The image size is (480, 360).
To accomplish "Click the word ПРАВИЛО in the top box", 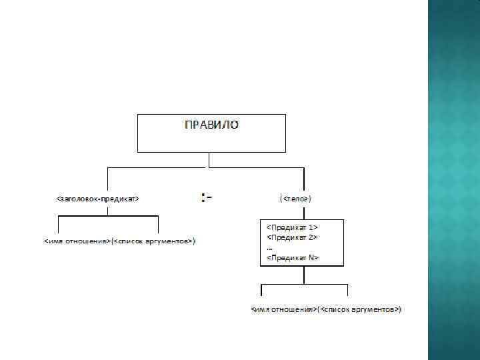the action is [x=211, y=125].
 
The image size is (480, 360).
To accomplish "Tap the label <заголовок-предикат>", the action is [x=98, y=199].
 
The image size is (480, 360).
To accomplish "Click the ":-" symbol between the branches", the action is [x=206, y=197].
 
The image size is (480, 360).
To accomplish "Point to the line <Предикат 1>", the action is [x=292, y=227].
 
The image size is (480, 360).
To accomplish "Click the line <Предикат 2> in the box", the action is [x=292, y=237].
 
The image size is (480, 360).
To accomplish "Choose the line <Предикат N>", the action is [x=293, y=257].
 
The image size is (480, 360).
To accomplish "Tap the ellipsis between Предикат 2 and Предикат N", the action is [x=269, y=247].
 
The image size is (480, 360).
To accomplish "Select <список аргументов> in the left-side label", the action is [x=154, y=241].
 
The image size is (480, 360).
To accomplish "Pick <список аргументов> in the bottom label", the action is [x=360, y=310].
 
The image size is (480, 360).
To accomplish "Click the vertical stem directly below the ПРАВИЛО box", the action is [x=210, y=159].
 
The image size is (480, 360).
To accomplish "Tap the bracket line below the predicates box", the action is [x=304, y=284].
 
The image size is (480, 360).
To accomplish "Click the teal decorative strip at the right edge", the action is [x=453, y=180].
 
